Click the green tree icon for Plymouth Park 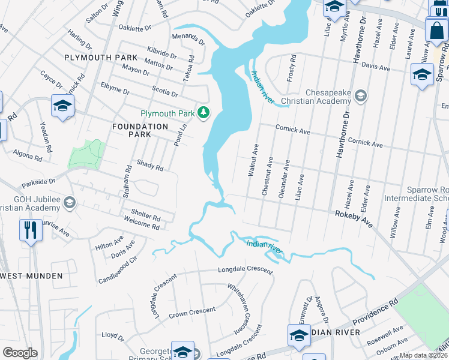point(204,112)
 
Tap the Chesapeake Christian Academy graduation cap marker point(360,95)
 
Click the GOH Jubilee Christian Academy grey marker point(71,203)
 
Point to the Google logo point(20,353)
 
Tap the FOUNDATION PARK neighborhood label point(140,131)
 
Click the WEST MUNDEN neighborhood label point(32,275)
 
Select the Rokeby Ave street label point(354,217)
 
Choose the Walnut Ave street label point(253,160)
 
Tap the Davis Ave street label point(376,68)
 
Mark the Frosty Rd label point(292,69)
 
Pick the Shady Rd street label point(150,166)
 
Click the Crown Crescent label point(192,312)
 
